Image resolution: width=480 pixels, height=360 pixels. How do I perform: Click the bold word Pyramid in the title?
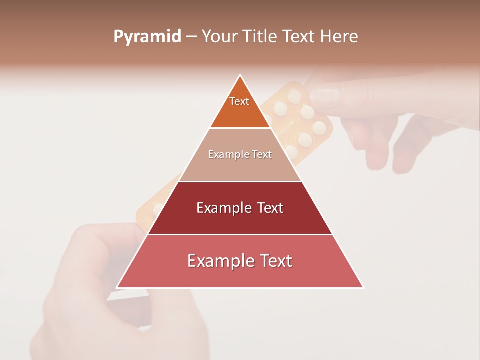(x=147, y=37)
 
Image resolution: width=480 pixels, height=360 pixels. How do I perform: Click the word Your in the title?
(x=220, y=37)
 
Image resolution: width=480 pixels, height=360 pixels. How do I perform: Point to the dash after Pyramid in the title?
(x=191, y=37)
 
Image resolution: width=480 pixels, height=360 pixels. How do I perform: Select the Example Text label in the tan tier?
(x=240, y=154)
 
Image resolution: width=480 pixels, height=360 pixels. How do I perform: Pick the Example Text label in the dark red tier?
(x=240, y=208)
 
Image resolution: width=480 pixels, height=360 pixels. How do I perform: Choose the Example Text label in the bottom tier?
(x=240, y=261)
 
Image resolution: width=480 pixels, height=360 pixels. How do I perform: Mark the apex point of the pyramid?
(x=240, y=75)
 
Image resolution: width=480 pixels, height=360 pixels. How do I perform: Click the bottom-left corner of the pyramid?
(x=117, y=288)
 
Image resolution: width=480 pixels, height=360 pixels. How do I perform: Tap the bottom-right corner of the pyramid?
(x=363, y=288)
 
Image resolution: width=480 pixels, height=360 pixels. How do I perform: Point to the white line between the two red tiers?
(x=240, y=234)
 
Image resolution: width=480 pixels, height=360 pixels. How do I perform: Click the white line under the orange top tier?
(x=240, y=128)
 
